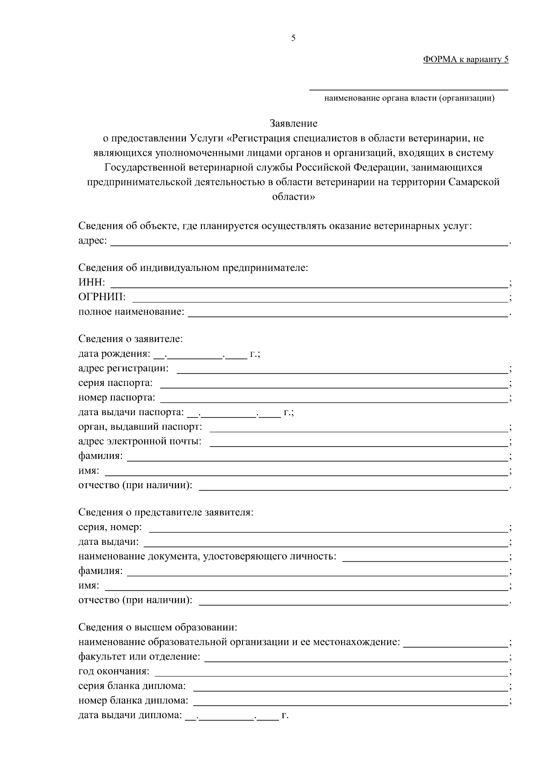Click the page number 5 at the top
coord(293,38)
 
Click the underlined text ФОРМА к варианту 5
coord(465,59)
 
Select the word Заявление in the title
coord(293,123)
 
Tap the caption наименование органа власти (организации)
coord(409,98)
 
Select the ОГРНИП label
coord(102,297)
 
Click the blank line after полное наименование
coord(348,313)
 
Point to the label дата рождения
coord(114,354)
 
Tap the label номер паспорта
coord(116,398)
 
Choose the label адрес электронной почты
coord(140,442)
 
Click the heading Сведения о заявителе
coord(130,339)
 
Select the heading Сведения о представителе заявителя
coord(166,512)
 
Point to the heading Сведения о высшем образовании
coord(158,627)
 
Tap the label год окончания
coord(114,671)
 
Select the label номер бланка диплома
coord(133,701)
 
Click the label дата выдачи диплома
coord(130,715)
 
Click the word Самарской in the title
coord(474,182)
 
